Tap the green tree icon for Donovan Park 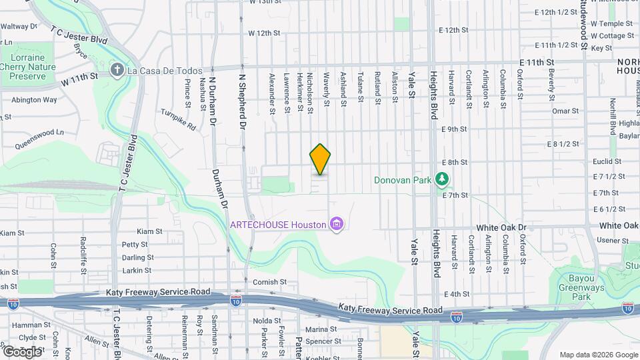(441, 179)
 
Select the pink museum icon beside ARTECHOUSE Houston (337, 224)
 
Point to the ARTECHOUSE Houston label (277, 224)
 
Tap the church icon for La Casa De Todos (117, 71)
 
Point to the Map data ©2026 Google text (599, 354)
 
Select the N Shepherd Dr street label (243, 101)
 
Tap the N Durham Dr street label (213, 100)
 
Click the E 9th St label (453, 129)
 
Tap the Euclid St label (607, 161)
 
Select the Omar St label (565, 111)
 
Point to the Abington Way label (34, 100)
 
